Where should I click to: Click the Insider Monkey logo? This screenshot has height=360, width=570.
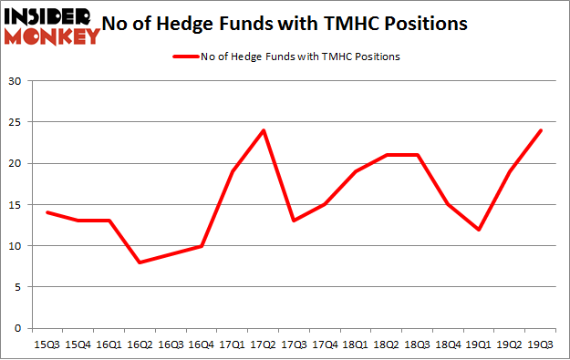(52, 26)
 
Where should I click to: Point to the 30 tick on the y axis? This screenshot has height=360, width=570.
(14, 81)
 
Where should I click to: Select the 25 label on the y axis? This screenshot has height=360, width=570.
(14, 122)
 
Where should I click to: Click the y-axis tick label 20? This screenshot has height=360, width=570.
(14, 163)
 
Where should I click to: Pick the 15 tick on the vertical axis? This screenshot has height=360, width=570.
(14, 204)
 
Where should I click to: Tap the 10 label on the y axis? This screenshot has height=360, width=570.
(14, 245)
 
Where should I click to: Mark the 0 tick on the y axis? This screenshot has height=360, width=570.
(16, 327)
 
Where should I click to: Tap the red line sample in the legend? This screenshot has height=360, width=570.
(185, 56)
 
